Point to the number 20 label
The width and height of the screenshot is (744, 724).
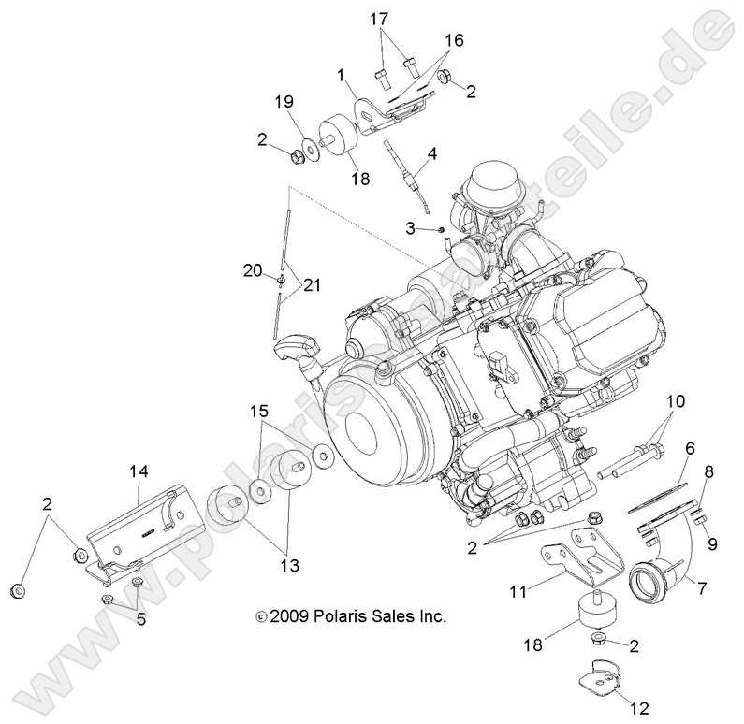[x=252, y=270]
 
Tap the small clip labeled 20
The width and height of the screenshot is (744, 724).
[x=281, y=279]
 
